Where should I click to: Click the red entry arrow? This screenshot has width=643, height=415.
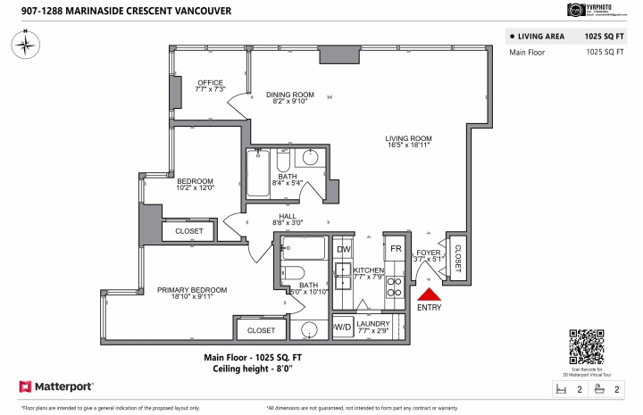(x=430, y=295)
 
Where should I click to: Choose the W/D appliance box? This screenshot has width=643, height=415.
(x=342, y=328)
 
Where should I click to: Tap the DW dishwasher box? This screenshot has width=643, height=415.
(x=344, y=249)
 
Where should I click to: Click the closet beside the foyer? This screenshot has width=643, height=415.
(x=457, y=259)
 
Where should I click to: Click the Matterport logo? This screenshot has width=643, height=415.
(x=56, y=387)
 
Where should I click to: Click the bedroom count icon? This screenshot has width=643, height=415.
(x=562, y=389)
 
